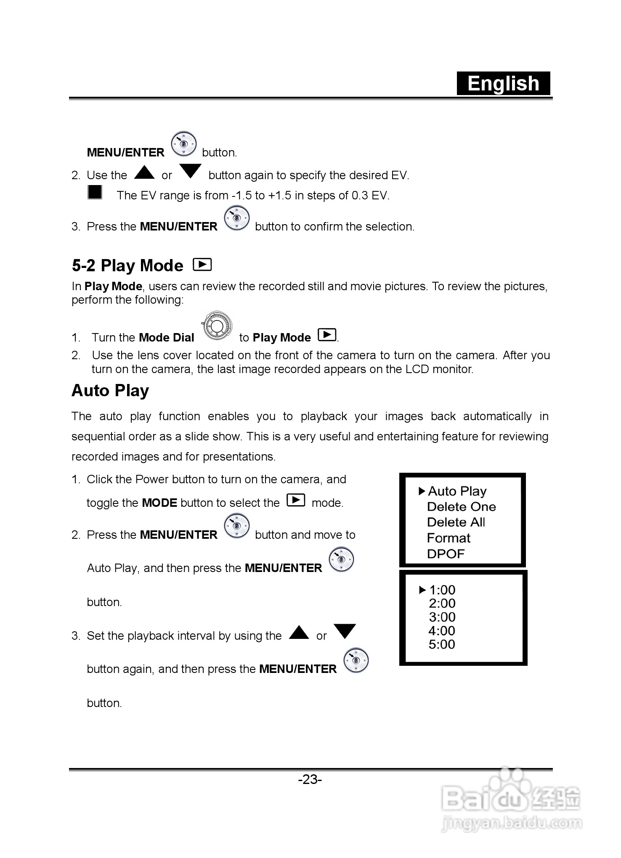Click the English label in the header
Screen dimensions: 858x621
tap(503, 83)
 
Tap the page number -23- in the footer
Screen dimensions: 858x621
tap(310, 779)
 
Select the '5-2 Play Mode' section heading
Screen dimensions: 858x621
tap(127, 266)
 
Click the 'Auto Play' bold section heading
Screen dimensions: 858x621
tap(110, 390)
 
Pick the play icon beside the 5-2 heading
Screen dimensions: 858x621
tap(202, 265)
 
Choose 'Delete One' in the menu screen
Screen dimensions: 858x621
tap(461, 507)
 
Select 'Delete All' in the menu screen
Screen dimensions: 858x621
tap(456, 522)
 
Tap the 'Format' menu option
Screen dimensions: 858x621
tap(448, 538)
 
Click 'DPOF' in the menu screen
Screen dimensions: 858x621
tap(446, 554)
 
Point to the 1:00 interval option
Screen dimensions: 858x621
tap(442, 590)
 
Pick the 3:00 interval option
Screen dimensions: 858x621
tap(442, 617)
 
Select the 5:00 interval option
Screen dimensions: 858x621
tap(442, 644)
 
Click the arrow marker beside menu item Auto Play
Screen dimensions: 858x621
tap(422, 491)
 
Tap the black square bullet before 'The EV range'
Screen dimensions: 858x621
tap(95, 192)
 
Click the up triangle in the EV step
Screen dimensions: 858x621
tap(144, 172)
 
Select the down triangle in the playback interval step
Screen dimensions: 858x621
tap(345, 631)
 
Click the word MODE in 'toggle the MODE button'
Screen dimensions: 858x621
tap(159, 503)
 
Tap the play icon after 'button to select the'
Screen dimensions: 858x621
tap(296, 500)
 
